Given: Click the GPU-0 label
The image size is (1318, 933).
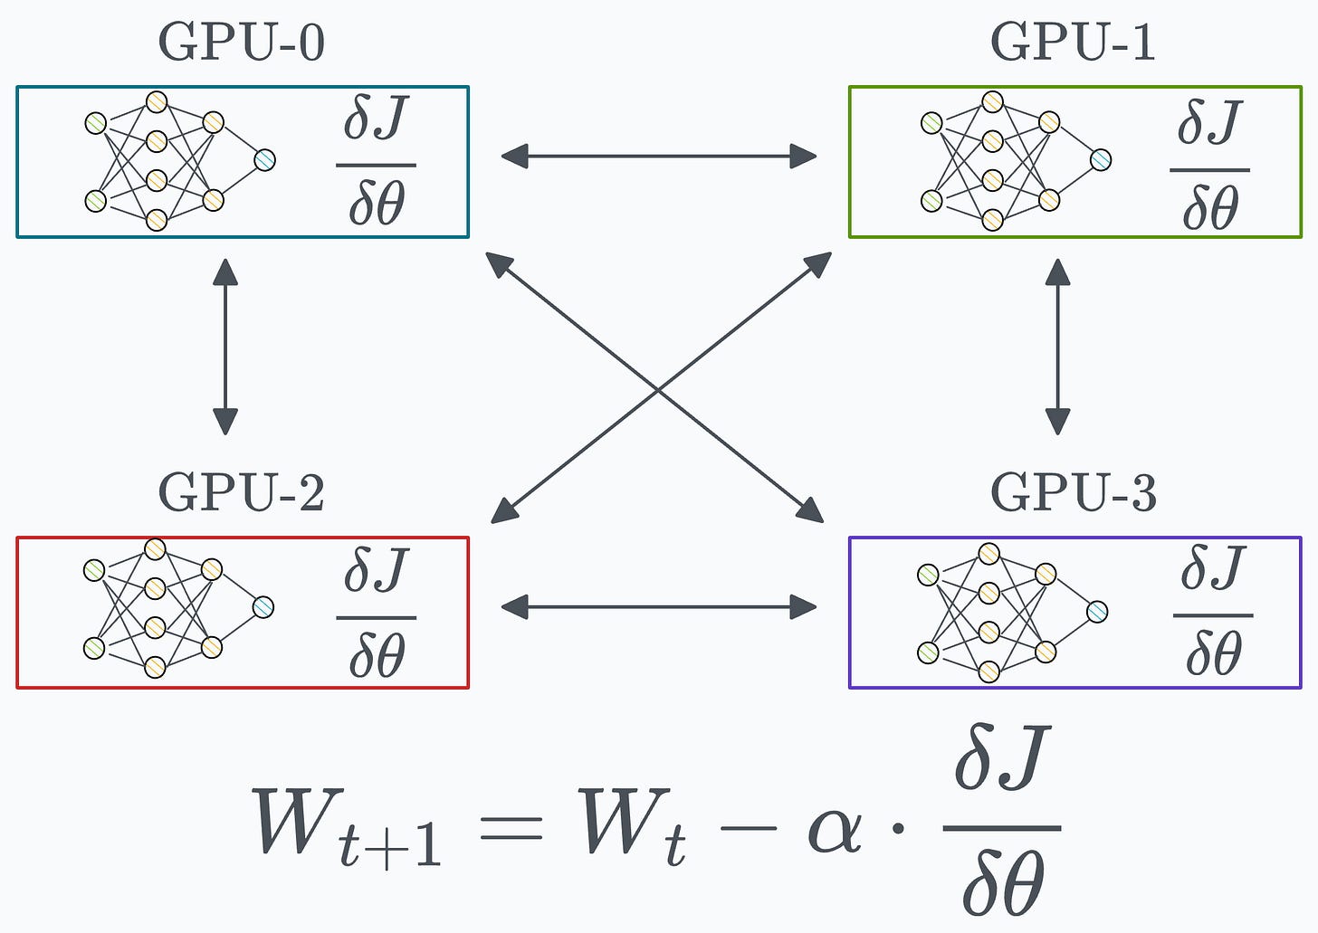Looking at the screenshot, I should (241, 43).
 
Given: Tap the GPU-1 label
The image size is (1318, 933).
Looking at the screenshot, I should (1073, 43).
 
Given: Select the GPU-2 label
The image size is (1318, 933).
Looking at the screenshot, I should (241, 493).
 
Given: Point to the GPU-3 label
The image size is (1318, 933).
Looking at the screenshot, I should (1073, 493).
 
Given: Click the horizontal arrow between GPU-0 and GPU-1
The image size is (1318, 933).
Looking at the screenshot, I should (658, 157).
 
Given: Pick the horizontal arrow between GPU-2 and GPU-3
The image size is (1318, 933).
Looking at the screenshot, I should (658, 606).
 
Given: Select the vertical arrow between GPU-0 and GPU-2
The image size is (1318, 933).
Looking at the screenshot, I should (224, 347).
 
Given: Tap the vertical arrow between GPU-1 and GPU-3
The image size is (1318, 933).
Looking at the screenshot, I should (1057, 347).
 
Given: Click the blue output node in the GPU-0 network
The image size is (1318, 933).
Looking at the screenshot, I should (264, 160).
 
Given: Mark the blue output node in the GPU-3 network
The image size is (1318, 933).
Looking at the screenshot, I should (1097, 612).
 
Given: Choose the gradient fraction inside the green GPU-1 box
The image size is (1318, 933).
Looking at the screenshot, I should (1209, 166).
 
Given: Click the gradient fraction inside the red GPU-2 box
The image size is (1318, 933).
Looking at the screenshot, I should (376, 614).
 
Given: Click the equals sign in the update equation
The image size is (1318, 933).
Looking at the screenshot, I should (511, 828).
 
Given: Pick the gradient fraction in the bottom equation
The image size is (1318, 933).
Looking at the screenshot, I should (1002, 822).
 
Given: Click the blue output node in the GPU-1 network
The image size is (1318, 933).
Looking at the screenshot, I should (1100, 160).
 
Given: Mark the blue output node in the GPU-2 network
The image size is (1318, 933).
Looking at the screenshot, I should (263, 607).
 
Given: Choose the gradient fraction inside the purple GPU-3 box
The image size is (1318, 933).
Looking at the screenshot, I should (1213, 613).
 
